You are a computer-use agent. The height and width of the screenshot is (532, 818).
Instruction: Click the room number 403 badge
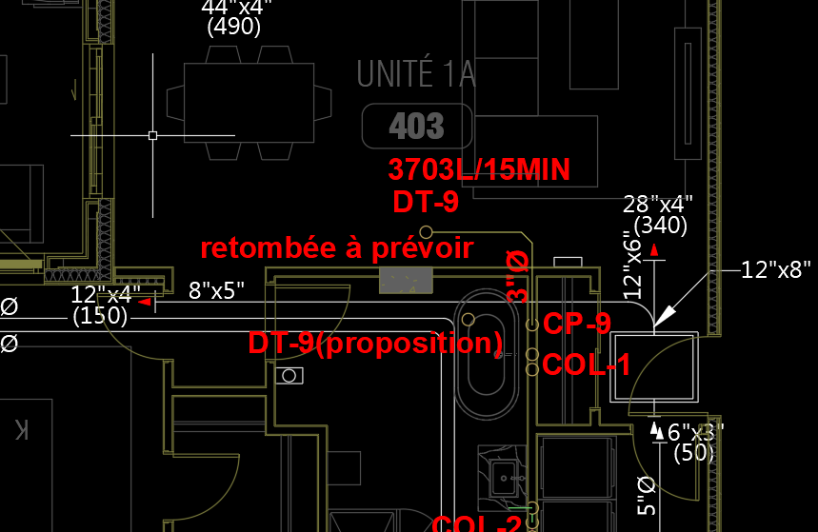coord(417,127)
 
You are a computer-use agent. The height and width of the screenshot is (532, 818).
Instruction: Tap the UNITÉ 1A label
coord(416,75)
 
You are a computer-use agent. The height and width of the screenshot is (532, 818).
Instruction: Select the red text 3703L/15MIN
coord(479,170)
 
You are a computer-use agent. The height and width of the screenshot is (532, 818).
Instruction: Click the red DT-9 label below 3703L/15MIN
coord(426,202)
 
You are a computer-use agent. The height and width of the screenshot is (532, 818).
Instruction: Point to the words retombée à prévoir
coord(336,249)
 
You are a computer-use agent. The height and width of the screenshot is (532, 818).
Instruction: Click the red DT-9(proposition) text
coord(375,343)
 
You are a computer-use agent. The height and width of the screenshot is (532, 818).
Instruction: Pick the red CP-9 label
coord(577,325)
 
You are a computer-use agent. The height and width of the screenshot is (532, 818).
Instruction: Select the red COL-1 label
coord(586,365)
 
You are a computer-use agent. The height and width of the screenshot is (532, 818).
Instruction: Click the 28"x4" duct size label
coord(658,204)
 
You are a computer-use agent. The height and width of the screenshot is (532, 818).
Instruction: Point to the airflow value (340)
coord(660,226)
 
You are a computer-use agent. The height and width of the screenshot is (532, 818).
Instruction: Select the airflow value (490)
coord(233,27)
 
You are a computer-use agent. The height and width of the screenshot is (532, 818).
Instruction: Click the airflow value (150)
coord(100,315)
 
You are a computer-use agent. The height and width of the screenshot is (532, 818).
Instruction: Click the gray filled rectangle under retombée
coord(406,281)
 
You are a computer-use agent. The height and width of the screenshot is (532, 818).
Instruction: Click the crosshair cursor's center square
coord(152,135)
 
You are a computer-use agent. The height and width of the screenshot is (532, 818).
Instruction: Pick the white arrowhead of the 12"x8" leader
coord(668,315)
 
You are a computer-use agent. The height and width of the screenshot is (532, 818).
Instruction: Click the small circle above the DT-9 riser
coord(426,232)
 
